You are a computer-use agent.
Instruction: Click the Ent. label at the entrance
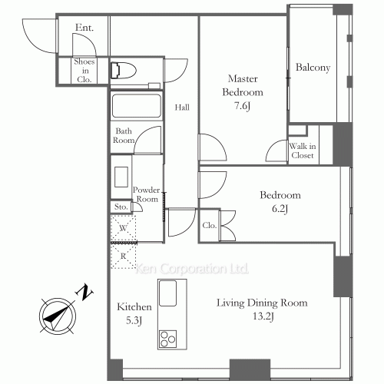(84, 28)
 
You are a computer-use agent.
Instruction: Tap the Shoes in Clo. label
(84, 70)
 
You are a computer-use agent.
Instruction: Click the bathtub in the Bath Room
(135, 104)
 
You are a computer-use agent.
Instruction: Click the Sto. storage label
(120, 207)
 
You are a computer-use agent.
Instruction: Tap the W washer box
(123, 228)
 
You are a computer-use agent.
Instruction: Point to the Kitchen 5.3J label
(134, 313)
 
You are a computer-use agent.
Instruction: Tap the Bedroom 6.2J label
(280, 201)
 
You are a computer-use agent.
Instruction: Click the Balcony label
(313, 68)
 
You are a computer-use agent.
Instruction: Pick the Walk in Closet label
(302, 151)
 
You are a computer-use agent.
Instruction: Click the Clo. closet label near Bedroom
(209, 226)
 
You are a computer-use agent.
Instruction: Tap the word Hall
(182, 108)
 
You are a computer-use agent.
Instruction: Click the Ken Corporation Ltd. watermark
(192, 270)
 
